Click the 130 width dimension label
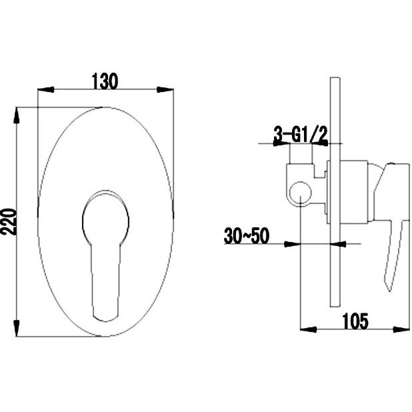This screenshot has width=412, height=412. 105,81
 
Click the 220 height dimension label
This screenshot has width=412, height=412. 9,222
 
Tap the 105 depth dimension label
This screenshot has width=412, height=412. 355,321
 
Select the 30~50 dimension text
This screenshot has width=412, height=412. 247,236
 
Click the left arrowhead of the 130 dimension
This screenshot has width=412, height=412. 46,90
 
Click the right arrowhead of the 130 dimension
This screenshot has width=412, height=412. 165,90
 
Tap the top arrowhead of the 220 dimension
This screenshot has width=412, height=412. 17,115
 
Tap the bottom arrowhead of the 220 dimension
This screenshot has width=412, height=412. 17,328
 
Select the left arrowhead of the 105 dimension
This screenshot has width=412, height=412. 308,329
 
